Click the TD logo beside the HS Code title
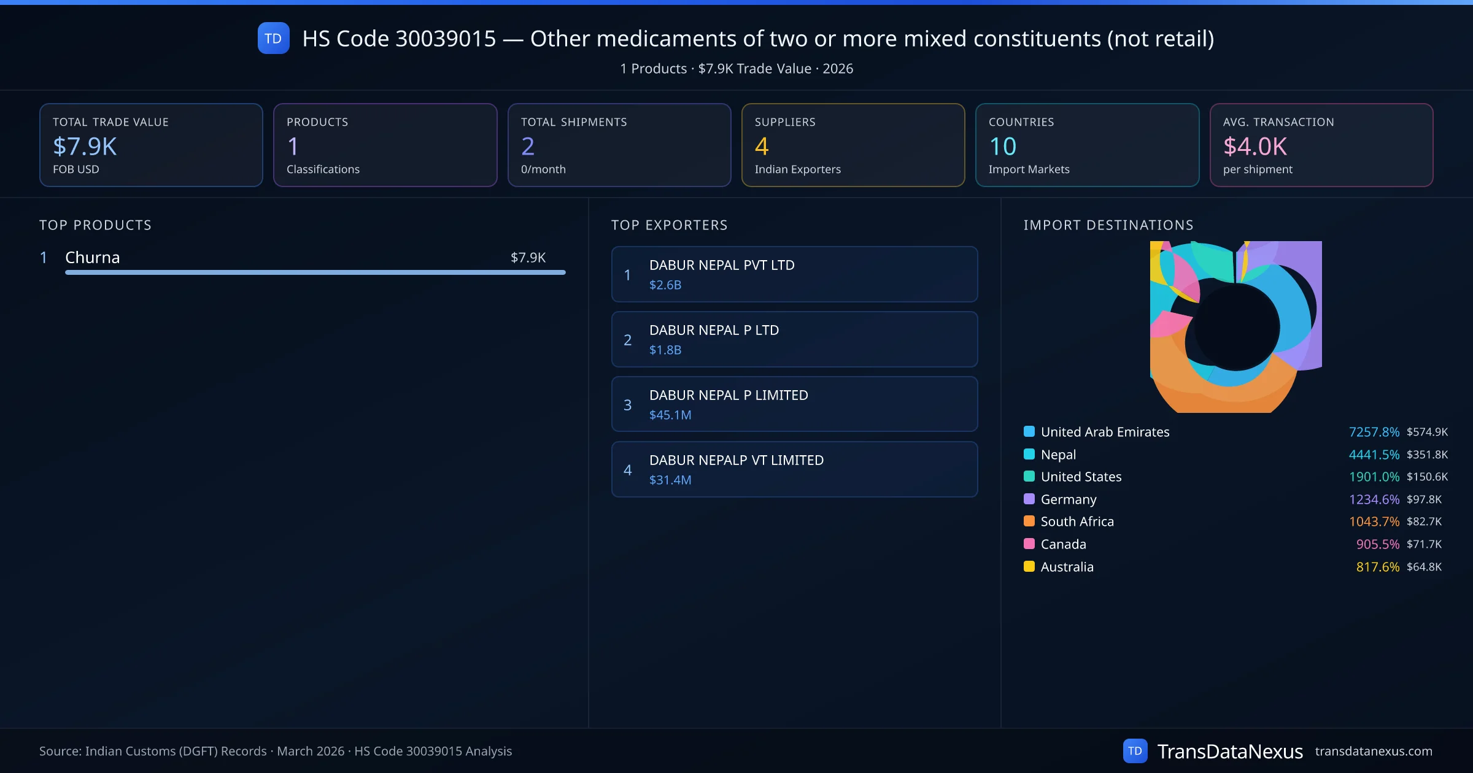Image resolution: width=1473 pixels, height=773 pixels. pyautogui.click(x=273, y=38)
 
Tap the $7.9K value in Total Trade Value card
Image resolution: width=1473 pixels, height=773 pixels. pyautogui.click(x=85, y=146)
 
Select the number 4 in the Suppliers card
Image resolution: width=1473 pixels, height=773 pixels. pyautogui.click(x=762, y=146)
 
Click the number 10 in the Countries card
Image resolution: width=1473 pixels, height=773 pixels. pyautogui.click(x=1003, y=146)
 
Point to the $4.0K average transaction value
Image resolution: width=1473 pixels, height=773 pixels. pyautogui.click(x=1255, y=146)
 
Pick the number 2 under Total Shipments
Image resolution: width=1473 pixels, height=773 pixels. pyautogui.click(x=528, y=146)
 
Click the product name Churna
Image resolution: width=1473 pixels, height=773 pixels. pyautogui.click(x=93, y=258)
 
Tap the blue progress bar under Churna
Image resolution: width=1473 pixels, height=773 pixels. pyautogui.click(x=315, y=272)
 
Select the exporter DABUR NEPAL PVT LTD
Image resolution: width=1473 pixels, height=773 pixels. pyautogui.click(x=722, y=265)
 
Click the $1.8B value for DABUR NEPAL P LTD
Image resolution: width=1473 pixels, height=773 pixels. pyautogui.click(x=665, y=350)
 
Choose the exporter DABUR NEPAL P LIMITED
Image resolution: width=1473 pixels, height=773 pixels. pyautogui.click(x=729, y=395)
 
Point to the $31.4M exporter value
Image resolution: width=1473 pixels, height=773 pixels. pyautogui.click(x=670, y=480)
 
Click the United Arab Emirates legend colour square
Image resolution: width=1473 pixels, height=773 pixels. pyautogui.click(x=1029, y=431)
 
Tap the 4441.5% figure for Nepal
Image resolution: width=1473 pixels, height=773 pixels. pyautogui.click(x=1374, y=455)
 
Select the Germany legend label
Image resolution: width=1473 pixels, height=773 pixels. pyautogui.click(x=1069, y=499)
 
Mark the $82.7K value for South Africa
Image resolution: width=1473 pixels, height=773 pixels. pyautogui.click(x=1424, y=521)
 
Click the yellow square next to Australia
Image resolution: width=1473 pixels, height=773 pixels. pyautogui.click(x=1029, y=566)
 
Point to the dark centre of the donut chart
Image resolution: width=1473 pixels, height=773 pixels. pyautogui.click(x=1236, y=327)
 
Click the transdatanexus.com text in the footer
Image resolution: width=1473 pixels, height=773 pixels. pyautogui.click(x=1374, y=751)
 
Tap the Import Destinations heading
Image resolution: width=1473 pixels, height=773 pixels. pyautogui.click(x=1108, y=225)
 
